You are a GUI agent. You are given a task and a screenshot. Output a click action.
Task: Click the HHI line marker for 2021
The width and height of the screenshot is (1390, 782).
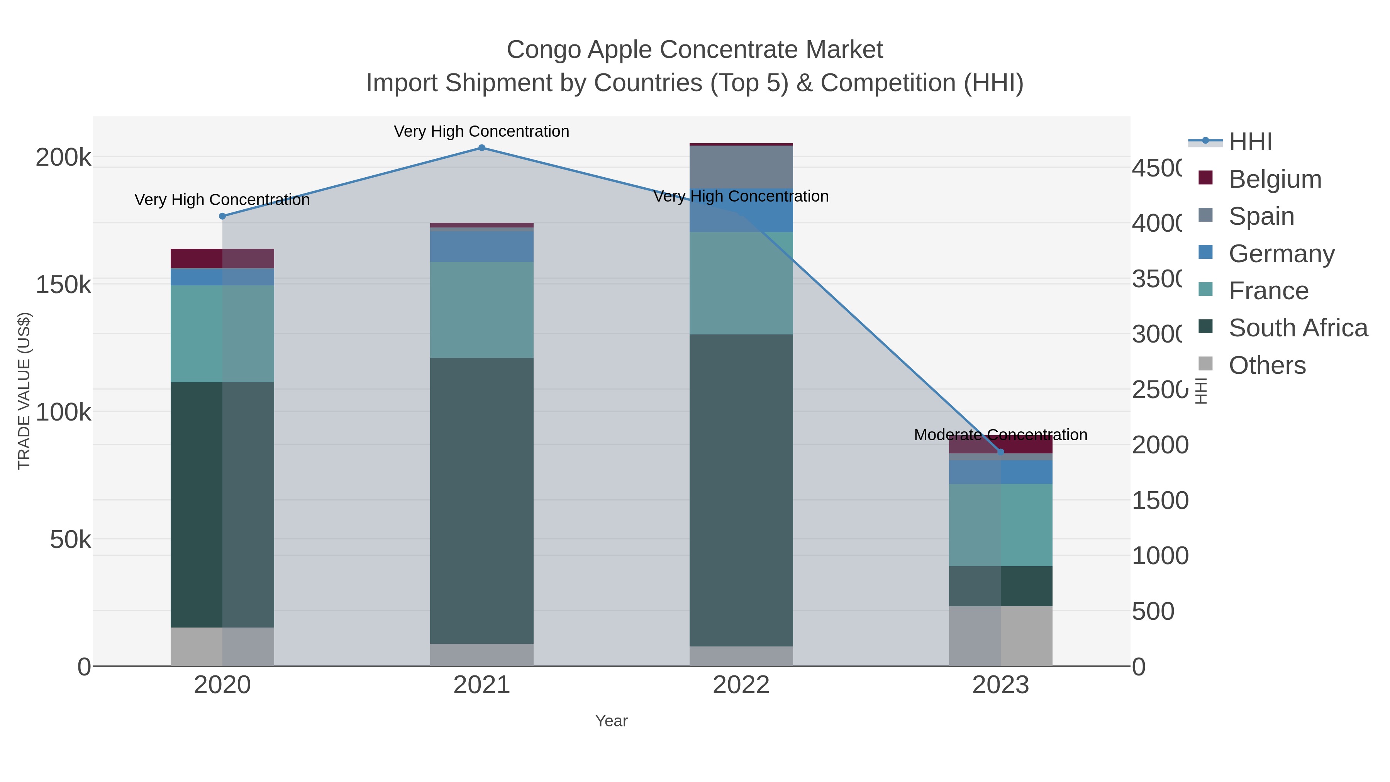tap(482, 148)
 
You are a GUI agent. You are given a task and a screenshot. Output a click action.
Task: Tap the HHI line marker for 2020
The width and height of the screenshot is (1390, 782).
tap(222, 216)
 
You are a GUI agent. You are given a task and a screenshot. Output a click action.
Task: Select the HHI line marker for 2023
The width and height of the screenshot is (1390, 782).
tap(1001, 452)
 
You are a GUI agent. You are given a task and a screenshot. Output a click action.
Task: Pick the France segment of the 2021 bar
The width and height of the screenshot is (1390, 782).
tap(481, 310)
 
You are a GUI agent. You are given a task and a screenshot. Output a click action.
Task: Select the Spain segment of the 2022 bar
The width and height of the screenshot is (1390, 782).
tap(741, 167)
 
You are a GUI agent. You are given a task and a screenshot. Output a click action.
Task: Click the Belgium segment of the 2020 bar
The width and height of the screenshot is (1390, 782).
tap(222, 258)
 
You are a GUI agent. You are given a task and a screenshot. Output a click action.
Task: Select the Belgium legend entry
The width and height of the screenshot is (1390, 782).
tap(1275, 179)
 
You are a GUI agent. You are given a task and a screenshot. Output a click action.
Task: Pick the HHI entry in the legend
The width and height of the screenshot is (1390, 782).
tap(1250, 142)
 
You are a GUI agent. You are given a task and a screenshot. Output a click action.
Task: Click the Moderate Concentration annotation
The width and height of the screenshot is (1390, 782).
tap(1000, 435)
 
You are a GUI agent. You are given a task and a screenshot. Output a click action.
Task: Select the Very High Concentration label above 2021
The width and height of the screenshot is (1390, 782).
tap(481, 132)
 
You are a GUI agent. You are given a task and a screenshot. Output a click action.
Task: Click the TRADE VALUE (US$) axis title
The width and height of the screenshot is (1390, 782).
tap(24, 391)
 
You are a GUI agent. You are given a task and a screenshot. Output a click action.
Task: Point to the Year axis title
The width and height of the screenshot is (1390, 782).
tap(611, 721)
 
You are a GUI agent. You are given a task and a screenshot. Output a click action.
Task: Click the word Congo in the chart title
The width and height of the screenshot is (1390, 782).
tap(544, 50)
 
